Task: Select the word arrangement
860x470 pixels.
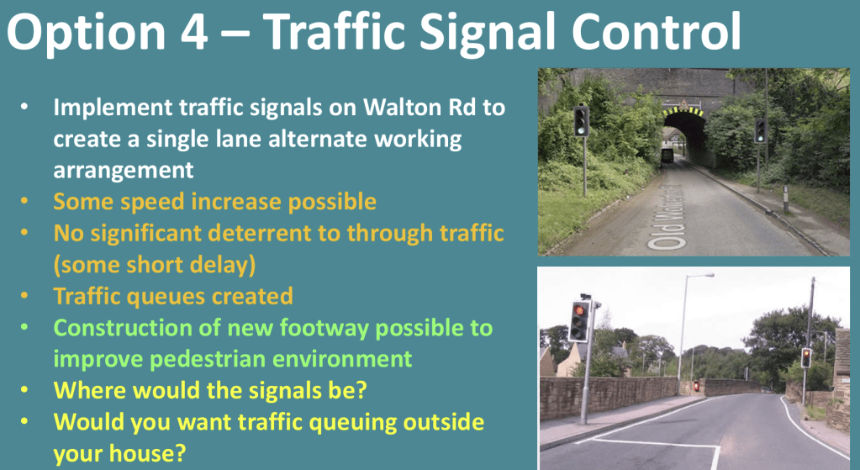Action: pos(124,170)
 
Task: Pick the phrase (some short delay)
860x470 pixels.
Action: pos(155,266)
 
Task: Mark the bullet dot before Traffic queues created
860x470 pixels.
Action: pos(24,295)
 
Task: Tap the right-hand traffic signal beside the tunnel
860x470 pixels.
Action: pos(760,131)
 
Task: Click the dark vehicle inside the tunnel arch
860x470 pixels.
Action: pos(667,156)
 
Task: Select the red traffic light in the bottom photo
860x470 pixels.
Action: pos(578,311)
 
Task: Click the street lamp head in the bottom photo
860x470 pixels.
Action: pos(708,275)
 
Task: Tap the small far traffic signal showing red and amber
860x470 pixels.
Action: pos(805,357)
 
